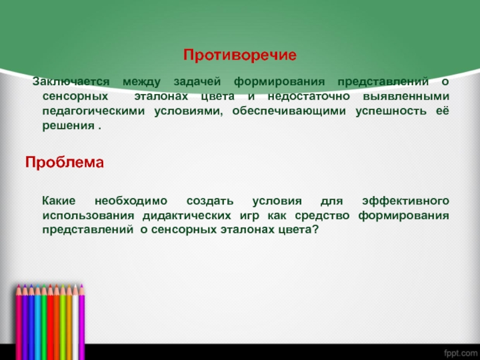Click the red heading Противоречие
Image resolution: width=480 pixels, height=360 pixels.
coord(240,55)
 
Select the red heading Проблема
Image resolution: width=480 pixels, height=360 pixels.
coord(64,163)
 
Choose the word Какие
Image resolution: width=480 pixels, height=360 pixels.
coord(58,200)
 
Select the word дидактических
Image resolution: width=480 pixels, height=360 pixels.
coord(184,215)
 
